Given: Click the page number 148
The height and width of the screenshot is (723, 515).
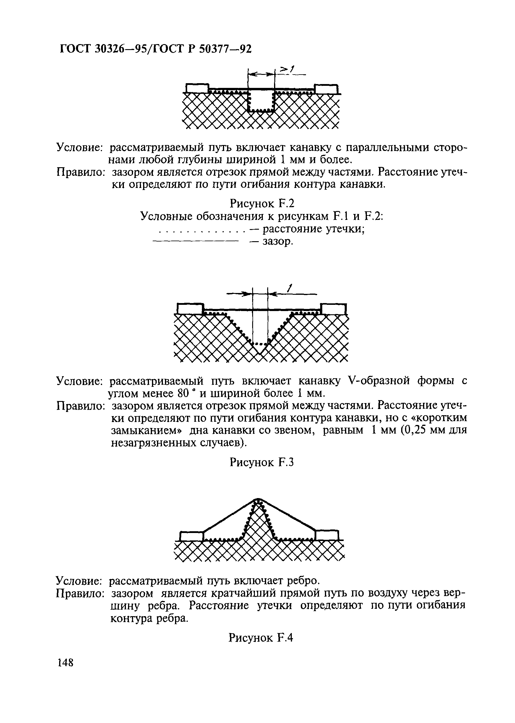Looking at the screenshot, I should (x=65, y=663).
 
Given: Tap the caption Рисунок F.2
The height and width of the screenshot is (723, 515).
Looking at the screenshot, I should (x=262, y=202).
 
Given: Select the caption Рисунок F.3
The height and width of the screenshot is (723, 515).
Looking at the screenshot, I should (x=262, y=463).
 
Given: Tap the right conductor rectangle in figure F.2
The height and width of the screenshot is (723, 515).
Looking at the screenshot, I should (x=326, y=89).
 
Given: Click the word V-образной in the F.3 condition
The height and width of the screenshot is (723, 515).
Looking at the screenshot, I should (x=377, y=381).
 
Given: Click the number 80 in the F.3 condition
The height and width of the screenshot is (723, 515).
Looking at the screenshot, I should (x=184, y=394).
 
